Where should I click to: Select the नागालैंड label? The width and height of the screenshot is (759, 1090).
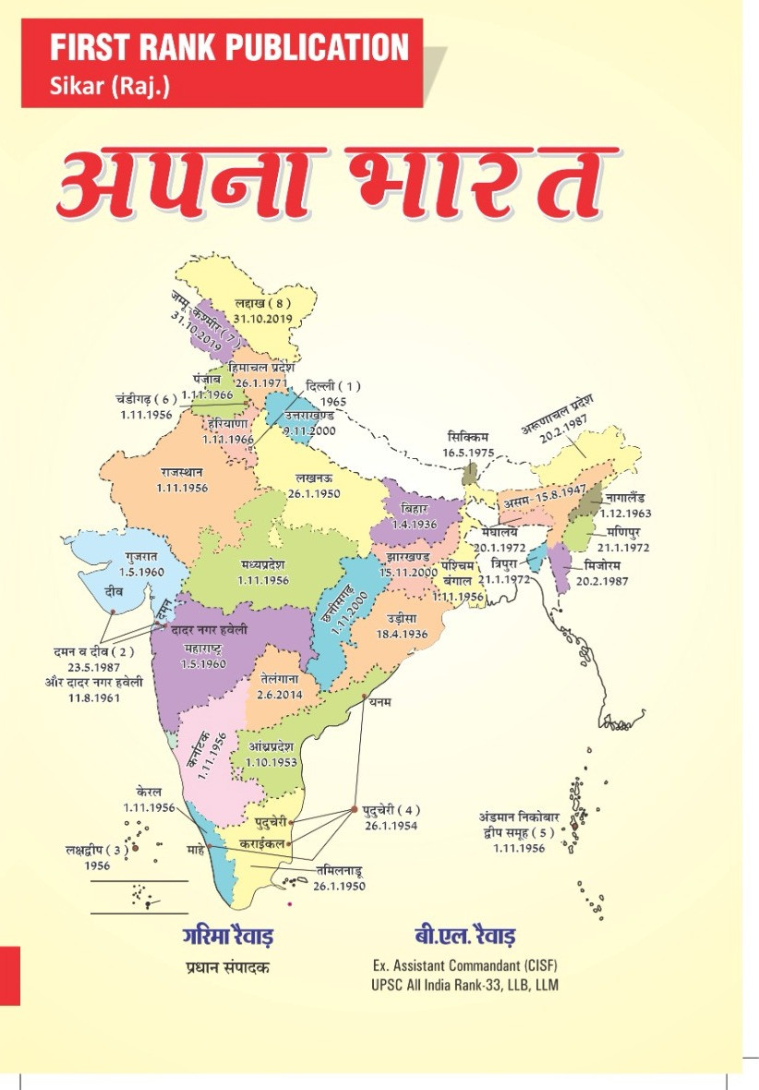pyautogui.click(x=633, y=498)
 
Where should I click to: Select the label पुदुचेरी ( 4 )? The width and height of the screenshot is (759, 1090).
pyautogui.click(x=388, y=810)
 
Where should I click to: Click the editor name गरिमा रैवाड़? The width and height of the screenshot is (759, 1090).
pyautogui.click(x=227, y=936)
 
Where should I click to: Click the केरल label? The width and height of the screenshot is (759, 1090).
pyautogui.click(x=149, y=793)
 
